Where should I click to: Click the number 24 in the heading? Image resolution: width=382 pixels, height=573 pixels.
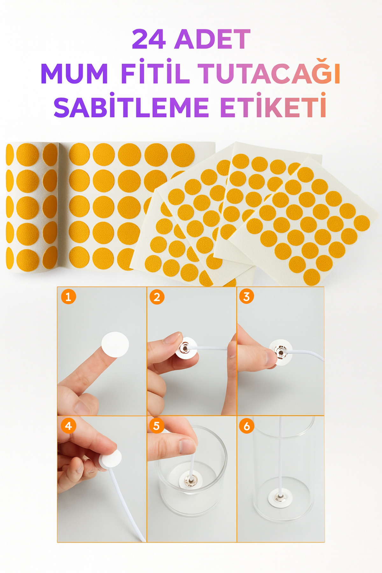point(149,39)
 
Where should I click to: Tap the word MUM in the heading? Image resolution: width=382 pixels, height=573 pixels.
point(74,74)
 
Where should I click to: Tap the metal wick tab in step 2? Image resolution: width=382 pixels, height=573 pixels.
point(185,349)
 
